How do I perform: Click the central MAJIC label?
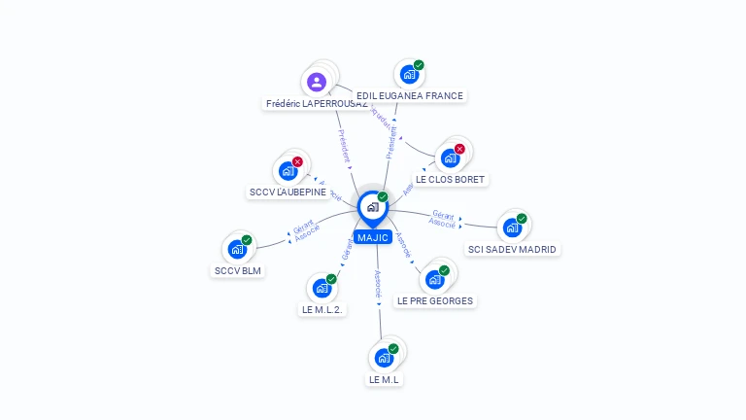pyautogui.click(x=372, y=237)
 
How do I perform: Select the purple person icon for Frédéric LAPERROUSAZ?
pyautogui.click(x=317, y=82)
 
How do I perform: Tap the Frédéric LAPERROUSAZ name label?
pyautogui.click(x=316, y=104)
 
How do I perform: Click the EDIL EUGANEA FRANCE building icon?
pyautogui.click(x=409, y=75)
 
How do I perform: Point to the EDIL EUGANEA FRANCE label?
pyautogui.click(x=410, y=96)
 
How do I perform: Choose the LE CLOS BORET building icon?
pyautogui.click(x=450, y=157)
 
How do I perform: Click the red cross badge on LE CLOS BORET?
pyautogui.click(x=459, y=149)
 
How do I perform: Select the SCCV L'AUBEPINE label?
pyautogui.click(x=288, y=192)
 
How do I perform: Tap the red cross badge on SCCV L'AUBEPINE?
pyautogui.click(x=297, y=161)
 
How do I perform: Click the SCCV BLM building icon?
pyautogui.click(x=237, y=249)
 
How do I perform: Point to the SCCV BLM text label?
pyautogui.click(x=238, y=270)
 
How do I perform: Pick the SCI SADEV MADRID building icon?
pyautogui.click(x=512, y=227)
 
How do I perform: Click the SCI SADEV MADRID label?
pyautogui.click(x=512, y=249)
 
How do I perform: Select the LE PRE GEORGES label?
pyautogui.click(x=435, y=301)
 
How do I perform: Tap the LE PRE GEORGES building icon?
pyautogui.click(x=435, y=279)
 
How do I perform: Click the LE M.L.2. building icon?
pyautogui.click(x=322, y=288)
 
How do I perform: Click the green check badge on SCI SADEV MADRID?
pyautogui.click(x=522, y=219)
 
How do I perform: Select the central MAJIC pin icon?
pyautogui.click(x=372, y=207)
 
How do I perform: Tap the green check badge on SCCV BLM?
pyautogui.click(x=247, y=240)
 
